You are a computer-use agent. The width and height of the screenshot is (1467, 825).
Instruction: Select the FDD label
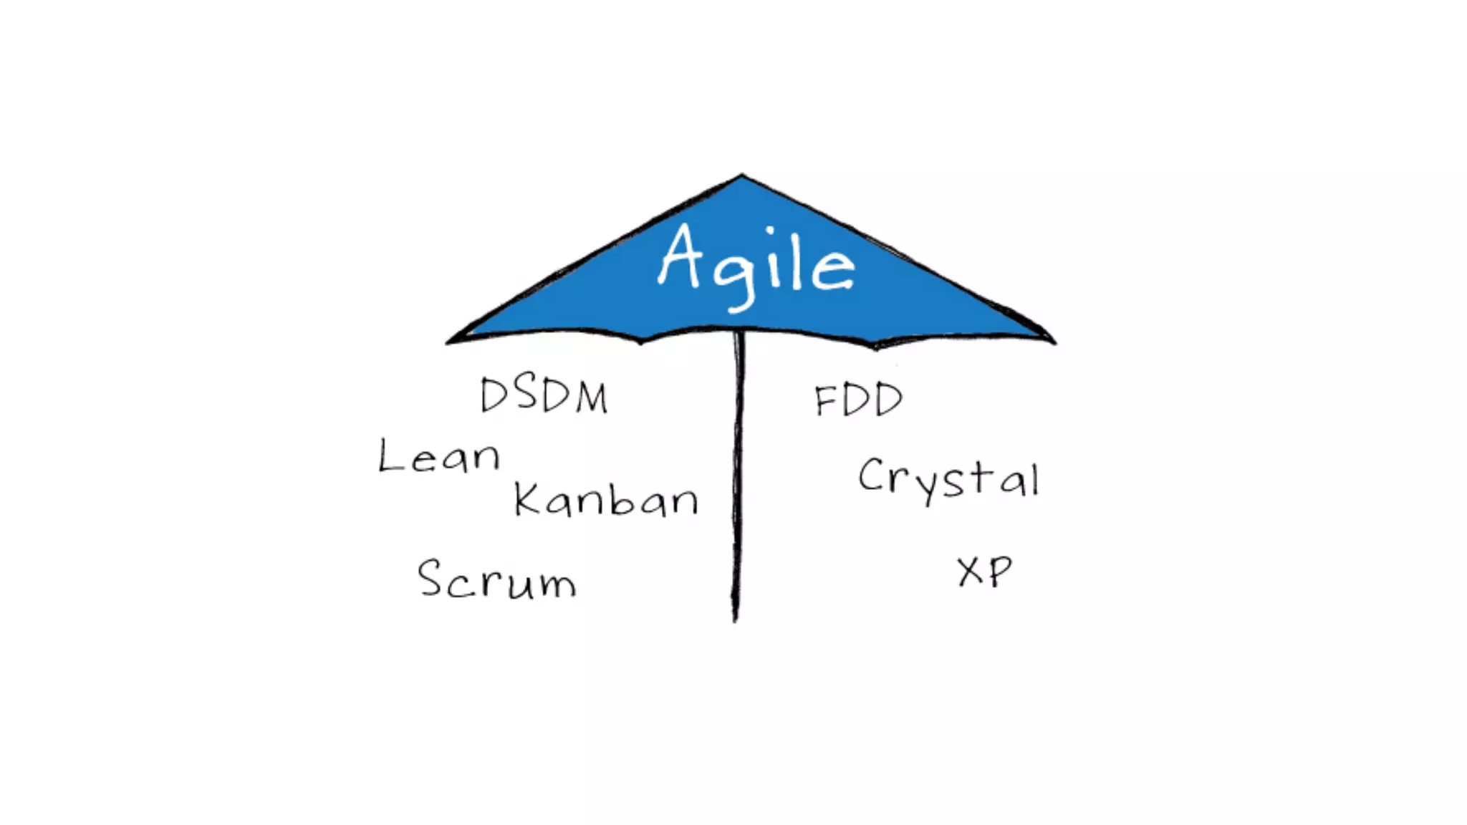(x=858, y=400)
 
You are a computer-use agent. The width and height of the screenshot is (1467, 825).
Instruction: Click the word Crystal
(x=948, y=478)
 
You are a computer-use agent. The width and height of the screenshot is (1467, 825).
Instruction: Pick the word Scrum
(x=496, y=579)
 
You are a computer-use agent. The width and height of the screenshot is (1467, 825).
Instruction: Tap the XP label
(x=985, y=571)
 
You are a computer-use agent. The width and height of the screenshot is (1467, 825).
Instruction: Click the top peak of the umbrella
(x=742, y=175)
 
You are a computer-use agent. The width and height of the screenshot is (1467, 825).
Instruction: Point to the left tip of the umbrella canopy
(x=449, y=342)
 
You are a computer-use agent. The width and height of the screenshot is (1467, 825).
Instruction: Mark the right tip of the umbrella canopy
(x=1053, y=342)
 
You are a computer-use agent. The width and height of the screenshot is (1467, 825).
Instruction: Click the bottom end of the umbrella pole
(x=735, y=619)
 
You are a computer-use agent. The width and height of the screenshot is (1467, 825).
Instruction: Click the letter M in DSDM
(x=592, y=397)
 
